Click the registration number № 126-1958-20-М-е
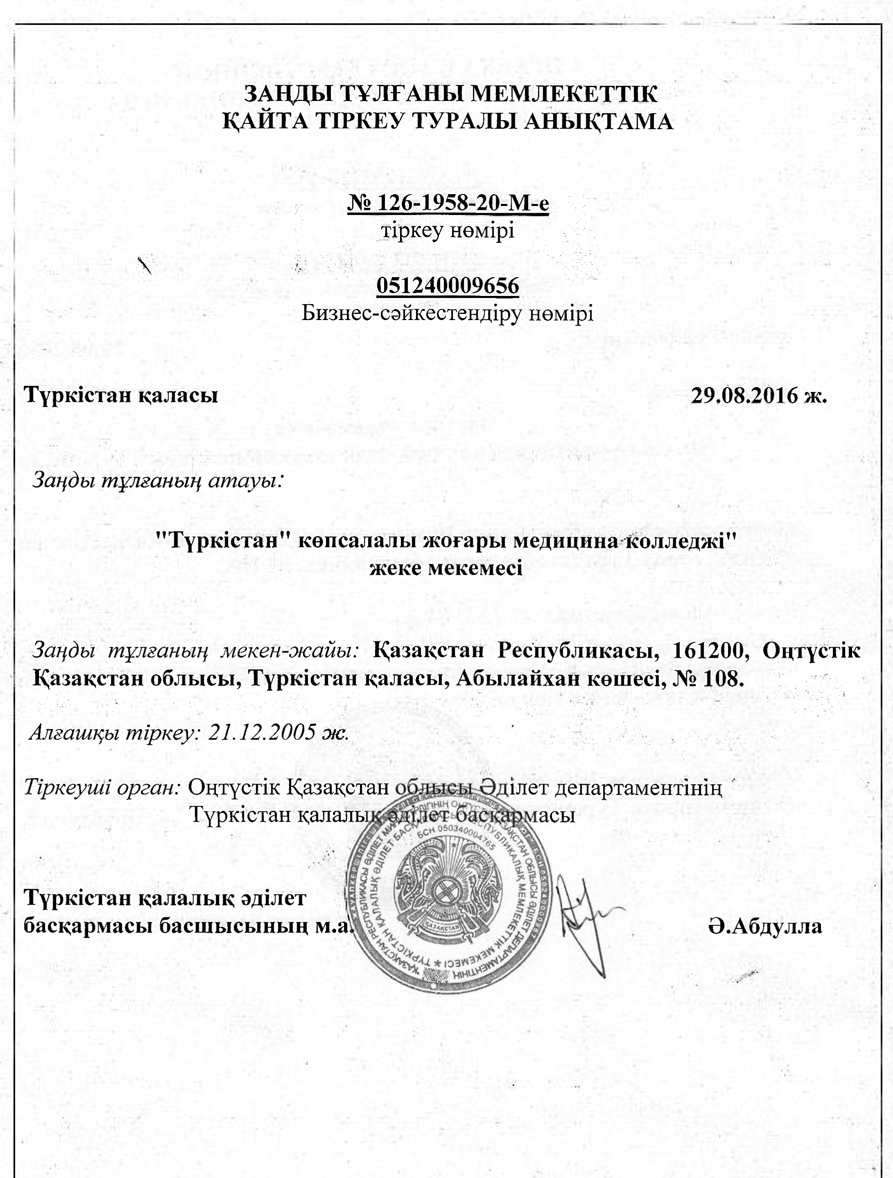pyautogui.click(x=448, y=204)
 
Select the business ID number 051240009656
pyautogui.click(x=448, y=286)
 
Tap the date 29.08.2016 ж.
pyautogui.click(x=759, y=396)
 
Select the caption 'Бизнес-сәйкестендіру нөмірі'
pyautogui.click(x=448, y=313)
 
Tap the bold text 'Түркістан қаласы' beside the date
pyautogui.click(x=121, y=396)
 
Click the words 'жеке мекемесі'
pyautogui.click(x=447, y=568)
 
